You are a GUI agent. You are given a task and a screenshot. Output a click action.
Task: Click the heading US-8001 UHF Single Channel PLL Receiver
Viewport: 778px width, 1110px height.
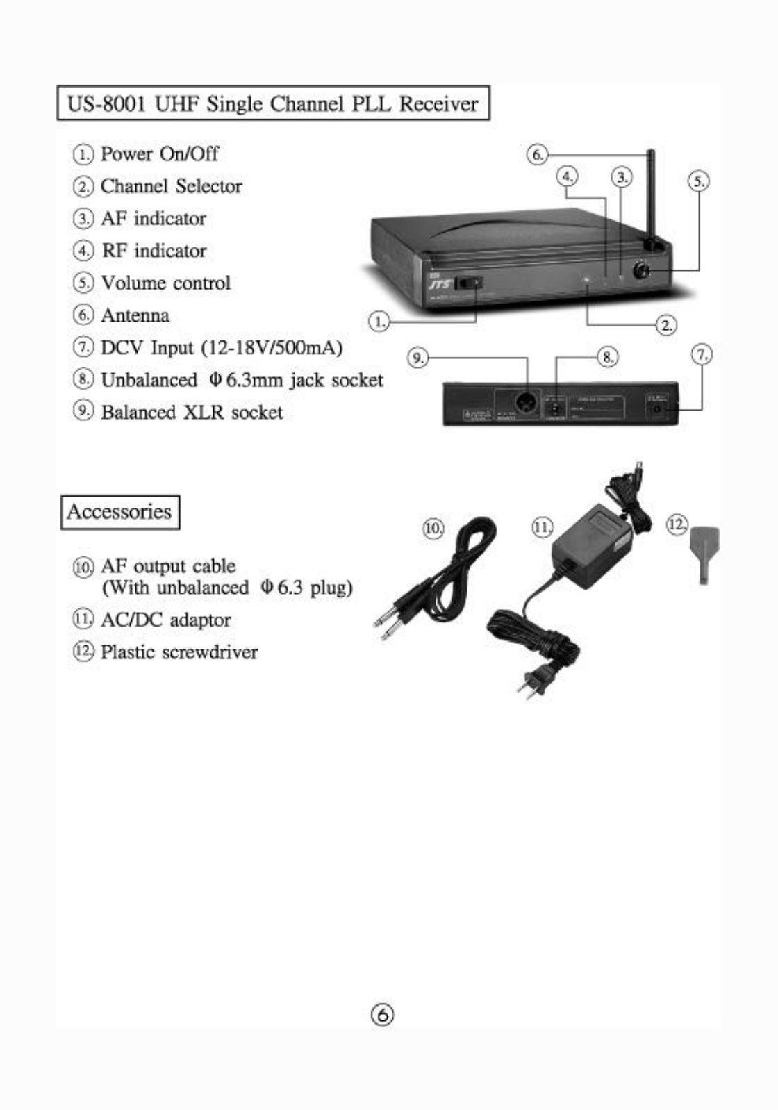[x=273, y=103]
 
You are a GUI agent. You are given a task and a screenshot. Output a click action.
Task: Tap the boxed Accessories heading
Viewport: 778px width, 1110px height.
[x=119, y=512]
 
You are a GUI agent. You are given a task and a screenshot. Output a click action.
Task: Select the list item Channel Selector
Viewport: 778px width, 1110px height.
[x=171, y=186]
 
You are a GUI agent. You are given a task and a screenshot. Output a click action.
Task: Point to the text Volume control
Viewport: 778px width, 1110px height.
[x=165, y=283]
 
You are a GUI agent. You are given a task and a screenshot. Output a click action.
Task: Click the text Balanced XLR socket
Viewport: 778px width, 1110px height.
[x=192, y=412]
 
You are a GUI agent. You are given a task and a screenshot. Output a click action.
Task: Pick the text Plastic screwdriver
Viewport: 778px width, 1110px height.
[x=179, y=652]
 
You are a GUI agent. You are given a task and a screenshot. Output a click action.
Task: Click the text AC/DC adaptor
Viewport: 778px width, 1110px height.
[x=165, y=620]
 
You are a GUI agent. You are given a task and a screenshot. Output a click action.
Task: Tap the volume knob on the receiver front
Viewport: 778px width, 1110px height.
[x=640, y=270]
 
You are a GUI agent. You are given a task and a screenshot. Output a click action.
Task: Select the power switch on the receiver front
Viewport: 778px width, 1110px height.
[x=470, y=283]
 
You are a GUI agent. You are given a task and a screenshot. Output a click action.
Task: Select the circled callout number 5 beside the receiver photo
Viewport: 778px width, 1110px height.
[x=698, y=182]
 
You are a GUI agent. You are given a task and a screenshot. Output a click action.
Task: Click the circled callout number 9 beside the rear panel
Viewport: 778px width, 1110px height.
[x=417, y=358]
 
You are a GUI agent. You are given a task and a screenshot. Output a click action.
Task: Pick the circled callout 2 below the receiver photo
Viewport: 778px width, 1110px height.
[x=667, y=324]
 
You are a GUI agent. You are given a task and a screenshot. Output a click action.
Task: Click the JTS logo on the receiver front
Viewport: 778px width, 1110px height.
[x=439, y=284]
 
